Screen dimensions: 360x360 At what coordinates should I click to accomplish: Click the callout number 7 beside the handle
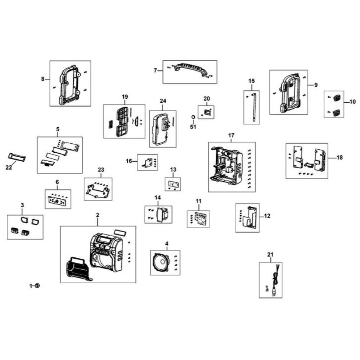click(x=156, y=71)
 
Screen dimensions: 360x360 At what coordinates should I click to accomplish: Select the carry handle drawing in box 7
click(x=190, y=69)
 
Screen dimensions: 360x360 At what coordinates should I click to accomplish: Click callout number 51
click(x=193, y=126)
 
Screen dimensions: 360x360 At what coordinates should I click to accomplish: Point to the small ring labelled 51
click(x=193, y=117)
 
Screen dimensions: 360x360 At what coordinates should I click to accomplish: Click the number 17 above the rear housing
click(x=231, y=135)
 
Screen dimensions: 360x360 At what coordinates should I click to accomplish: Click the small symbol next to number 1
click(x=38, y=286)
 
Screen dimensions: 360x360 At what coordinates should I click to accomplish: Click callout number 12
click(x=267, y=216)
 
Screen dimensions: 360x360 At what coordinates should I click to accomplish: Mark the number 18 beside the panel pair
click(x=340, y=158)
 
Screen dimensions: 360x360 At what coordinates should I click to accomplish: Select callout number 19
click(x=125, y=97)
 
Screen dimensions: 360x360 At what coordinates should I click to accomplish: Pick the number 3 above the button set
click(x=22, y=205)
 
